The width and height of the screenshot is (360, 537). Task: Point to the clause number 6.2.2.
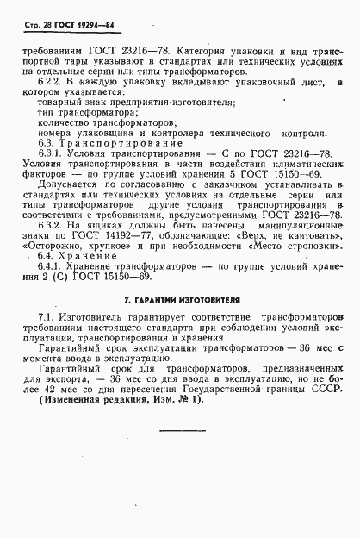coord(53,82)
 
